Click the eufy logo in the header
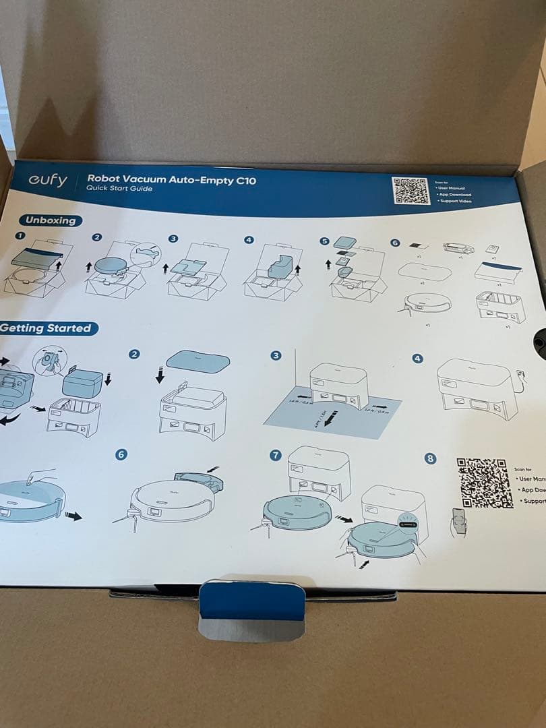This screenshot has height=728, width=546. (x=48, y=181)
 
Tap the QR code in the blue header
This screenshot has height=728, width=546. (x=411, y=191)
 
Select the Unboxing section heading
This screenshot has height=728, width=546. (x=51, y=220)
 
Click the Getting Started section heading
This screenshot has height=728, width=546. (x=46, y=328)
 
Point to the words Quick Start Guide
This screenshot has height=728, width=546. (x=119, y=189)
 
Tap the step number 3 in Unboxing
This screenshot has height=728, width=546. (x=173, y=239)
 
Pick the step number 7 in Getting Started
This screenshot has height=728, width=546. (x=275, y=456)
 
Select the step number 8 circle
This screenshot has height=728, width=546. (x=431, y=458)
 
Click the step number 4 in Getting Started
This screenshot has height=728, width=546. (x=417, y=359)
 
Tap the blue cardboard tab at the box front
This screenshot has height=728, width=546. (x=252, y=602)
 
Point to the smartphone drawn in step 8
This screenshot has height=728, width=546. (x=459, y=519)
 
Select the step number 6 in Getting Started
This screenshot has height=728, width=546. (x=121, y=454)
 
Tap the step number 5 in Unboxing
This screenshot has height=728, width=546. (x=324, y=241)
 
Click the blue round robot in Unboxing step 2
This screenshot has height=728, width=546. (x=111, y=266)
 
